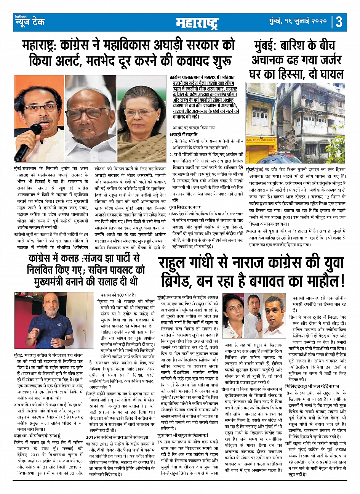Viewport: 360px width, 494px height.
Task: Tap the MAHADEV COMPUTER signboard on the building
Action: pyautogui.click(x=261, y=140)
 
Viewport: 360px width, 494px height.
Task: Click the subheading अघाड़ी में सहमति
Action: pyautogui.click(x=184, y=134)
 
